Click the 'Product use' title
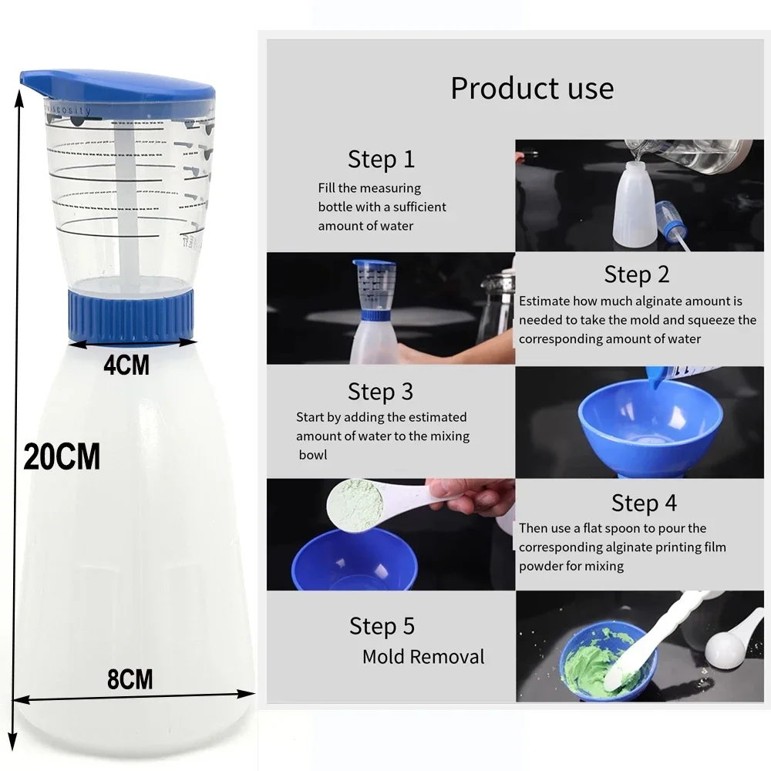pyautogui.click(x=532, y=88)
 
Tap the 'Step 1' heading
pyautogui.click(x=381, y=160)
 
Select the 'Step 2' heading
pyautogui.click(x=637, y=274)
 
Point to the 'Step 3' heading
pyautogui.click(x=381, y=392)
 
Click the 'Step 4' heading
pyautogui.click(x=644, y=503)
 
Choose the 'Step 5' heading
pyautogui.click(x=382, y=625)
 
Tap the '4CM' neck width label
pyautogui.click(x=126, y=364)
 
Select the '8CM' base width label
pyautogui.click(x=130, y=680)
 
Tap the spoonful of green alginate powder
pyautogui.click(x=355, y=506)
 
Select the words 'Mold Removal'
pyautogui.click(x=423, y=657)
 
